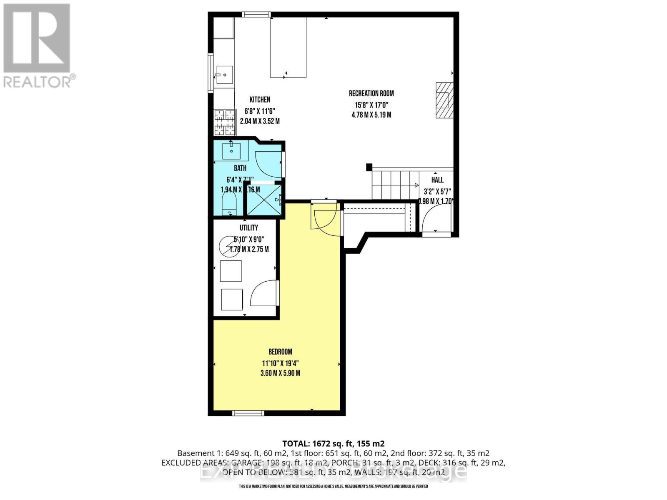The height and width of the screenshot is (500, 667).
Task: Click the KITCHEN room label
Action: [x=260, y=100]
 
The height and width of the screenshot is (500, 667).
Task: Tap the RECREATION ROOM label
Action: [x=371, y=94]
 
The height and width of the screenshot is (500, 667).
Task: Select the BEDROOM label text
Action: [x=280, y=352]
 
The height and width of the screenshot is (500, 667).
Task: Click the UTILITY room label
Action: [x=248, y=227]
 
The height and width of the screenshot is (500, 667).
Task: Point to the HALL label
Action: [x=437, y=180]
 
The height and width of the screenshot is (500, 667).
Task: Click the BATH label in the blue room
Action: [x=240, y=168]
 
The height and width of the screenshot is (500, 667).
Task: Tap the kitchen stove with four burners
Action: [x=225, y=122]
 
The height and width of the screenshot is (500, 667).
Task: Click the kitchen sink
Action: [x=224, y=75]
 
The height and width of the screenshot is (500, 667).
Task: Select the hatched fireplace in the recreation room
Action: [x=444, y=100]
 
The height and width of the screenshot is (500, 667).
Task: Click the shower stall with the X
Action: [x=263, y=200]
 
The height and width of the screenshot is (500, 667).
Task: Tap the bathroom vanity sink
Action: [x=231, y=150]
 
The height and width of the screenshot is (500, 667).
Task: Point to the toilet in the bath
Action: [x=229, y=205]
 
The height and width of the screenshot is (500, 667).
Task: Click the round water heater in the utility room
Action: [x=229, y=246]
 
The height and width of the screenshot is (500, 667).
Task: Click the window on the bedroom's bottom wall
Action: [x=248, y=413]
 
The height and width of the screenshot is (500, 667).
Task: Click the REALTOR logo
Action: [x=38, y=46]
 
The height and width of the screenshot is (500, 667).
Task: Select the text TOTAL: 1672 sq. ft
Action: [x=333, y=443]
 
